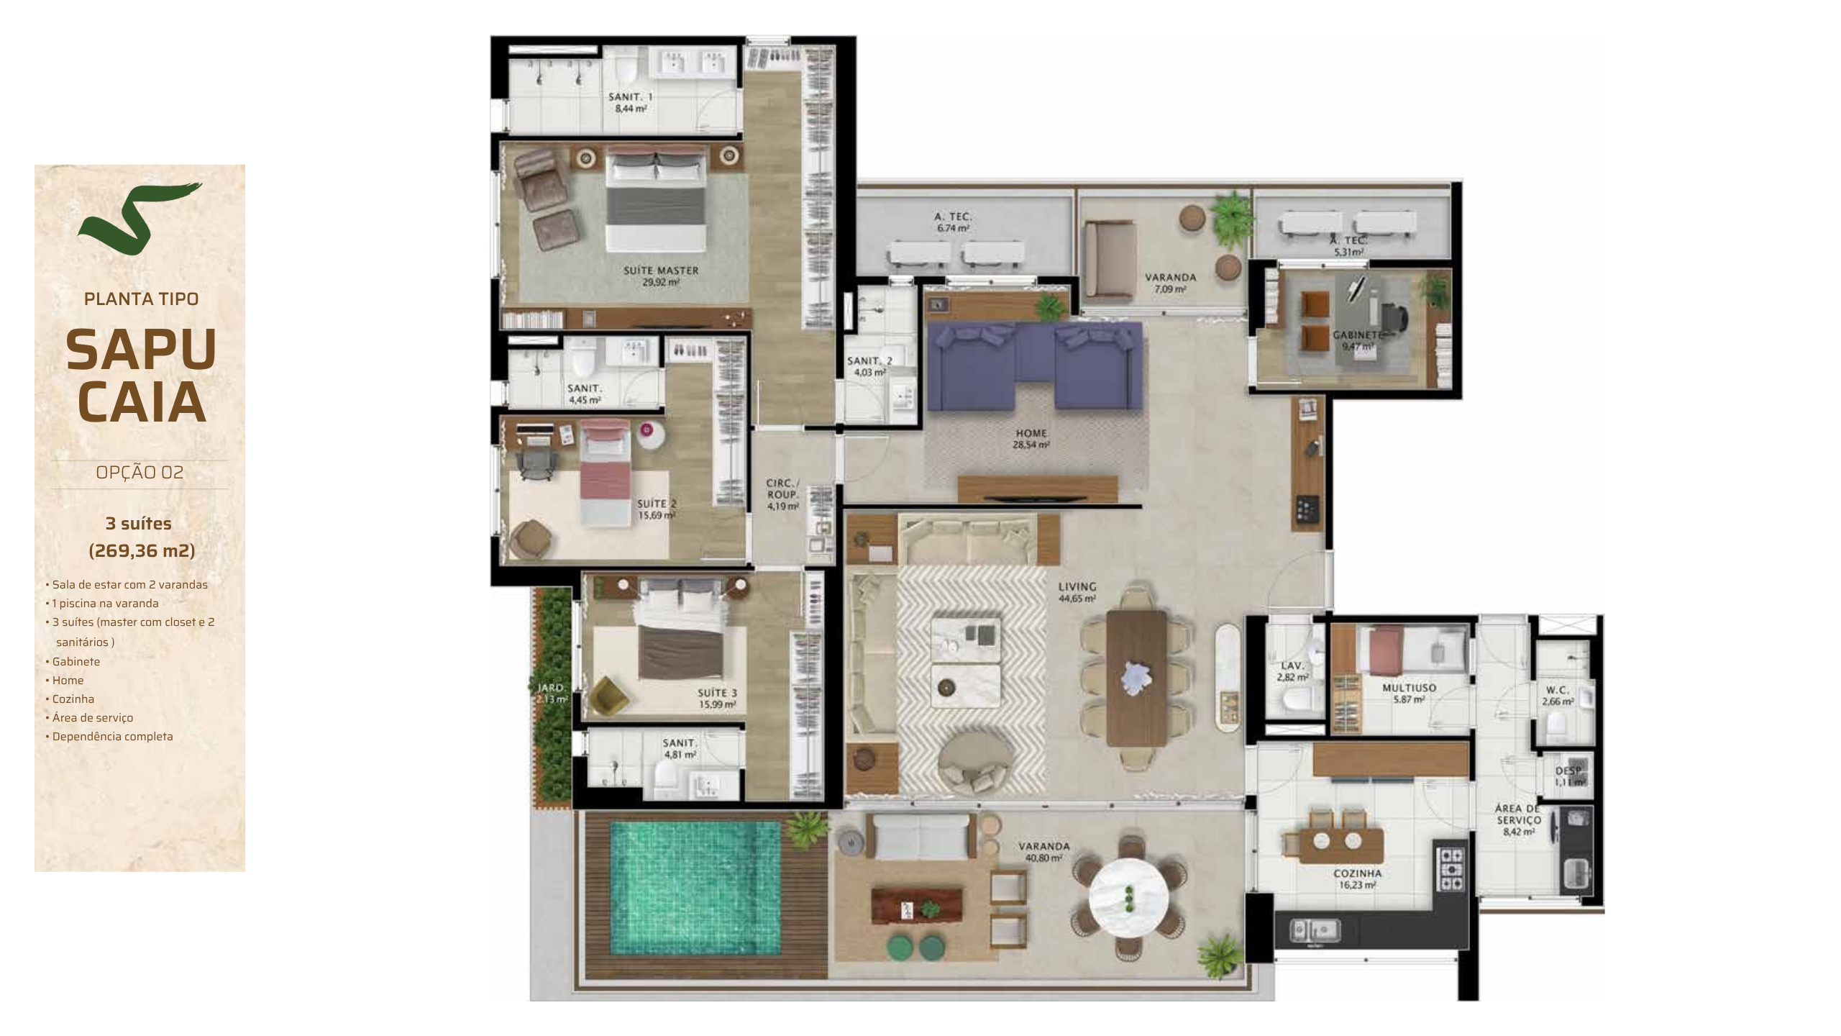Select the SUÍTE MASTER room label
click(661, 276)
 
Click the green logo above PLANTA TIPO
click(140, 219)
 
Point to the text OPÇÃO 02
click(140, 473)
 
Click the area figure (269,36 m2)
click(142, 551)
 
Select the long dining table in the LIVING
click(1136, 678)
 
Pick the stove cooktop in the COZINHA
click(1451, 870)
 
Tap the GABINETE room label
click(1356, 340)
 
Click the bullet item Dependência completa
click(112, 737)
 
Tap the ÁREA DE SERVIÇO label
click(1518, 820)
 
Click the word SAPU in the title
click(141, 350)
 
